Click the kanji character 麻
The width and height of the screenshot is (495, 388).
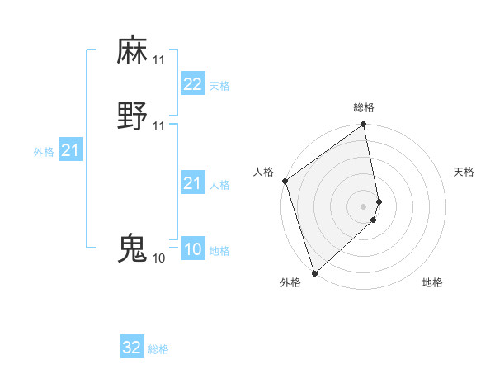[132, 51]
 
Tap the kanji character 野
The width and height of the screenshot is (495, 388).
[132, 116]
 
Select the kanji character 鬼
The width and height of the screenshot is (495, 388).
[132, 248]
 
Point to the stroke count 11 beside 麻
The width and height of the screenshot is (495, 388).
[158, 60]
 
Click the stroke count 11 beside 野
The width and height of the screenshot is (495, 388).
[158, 125]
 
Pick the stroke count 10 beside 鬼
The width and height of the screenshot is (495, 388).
[158, 258]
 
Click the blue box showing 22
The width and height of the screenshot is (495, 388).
[192, 84]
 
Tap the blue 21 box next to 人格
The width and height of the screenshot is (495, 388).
[192, 183]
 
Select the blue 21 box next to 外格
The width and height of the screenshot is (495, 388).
[71, 150]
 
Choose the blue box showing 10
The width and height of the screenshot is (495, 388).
[192, 249]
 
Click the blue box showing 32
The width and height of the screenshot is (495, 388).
[132, 348]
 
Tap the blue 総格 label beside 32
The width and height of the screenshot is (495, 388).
[158, 349]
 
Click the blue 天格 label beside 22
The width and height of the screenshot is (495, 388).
[219, 86]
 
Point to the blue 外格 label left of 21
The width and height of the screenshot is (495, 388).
[44, 152]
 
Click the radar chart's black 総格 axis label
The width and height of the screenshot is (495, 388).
[364, 107]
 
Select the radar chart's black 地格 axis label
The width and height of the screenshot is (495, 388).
[432, 282]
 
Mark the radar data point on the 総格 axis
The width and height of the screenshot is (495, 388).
[364, 125]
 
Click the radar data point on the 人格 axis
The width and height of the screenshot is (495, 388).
[285, 181]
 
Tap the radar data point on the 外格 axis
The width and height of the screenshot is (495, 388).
[314, 273]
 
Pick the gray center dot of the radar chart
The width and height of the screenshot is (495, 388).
[364, 206]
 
